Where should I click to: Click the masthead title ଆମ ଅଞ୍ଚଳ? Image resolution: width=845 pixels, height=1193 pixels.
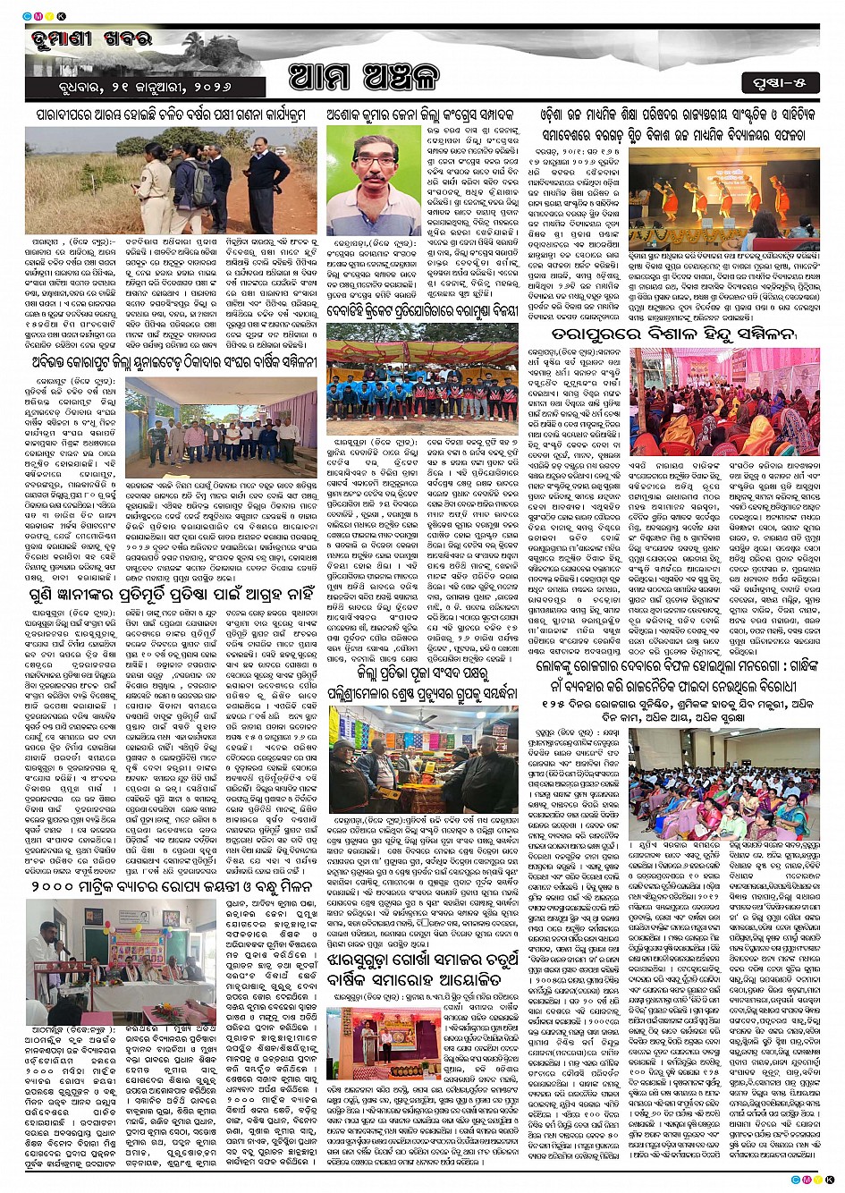point(364,78)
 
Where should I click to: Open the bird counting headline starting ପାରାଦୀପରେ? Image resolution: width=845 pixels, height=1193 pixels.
point(171,114)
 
